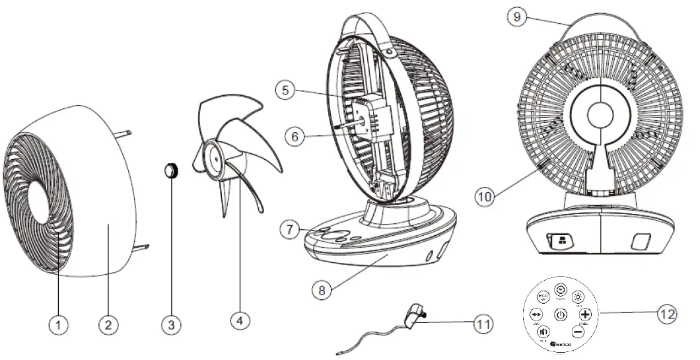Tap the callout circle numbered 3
pyautogui.click(x=171, y=324)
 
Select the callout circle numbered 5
pyautogui.click(x=285, y=90)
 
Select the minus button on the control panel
pyautogui.click(x=577, y=332)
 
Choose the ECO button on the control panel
pyautogui.click(x=543, y=297)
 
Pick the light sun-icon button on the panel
pyautogui.click(x=578, y=297)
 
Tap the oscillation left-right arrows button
pyautogui.click(x=536, y=314)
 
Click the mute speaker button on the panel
pyautogui.click(x=543, y=332)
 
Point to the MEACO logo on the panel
pyautogui.click(x=561, y=344)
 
